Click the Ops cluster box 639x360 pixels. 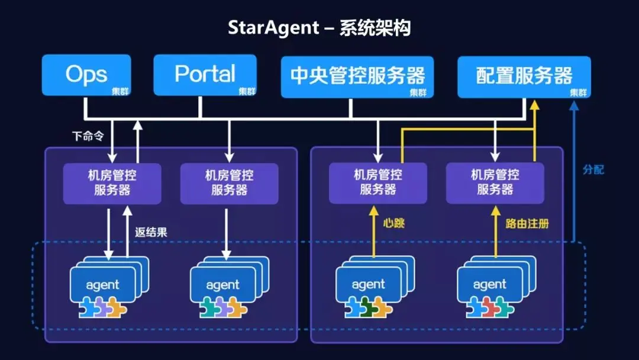point(86,75)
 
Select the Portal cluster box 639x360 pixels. point(205,75)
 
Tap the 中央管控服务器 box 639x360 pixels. point(357,77)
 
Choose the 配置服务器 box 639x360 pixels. point(524,77)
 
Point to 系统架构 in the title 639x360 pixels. point(375,28)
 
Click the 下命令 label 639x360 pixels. point(87,136)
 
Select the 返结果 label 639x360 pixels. point(151,232)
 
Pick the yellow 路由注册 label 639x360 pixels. point(527,223)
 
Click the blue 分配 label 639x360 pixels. point(593,169)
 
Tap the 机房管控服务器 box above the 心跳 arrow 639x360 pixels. point(377,182)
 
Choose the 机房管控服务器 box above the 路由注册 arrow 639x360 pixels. point(495,182)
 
